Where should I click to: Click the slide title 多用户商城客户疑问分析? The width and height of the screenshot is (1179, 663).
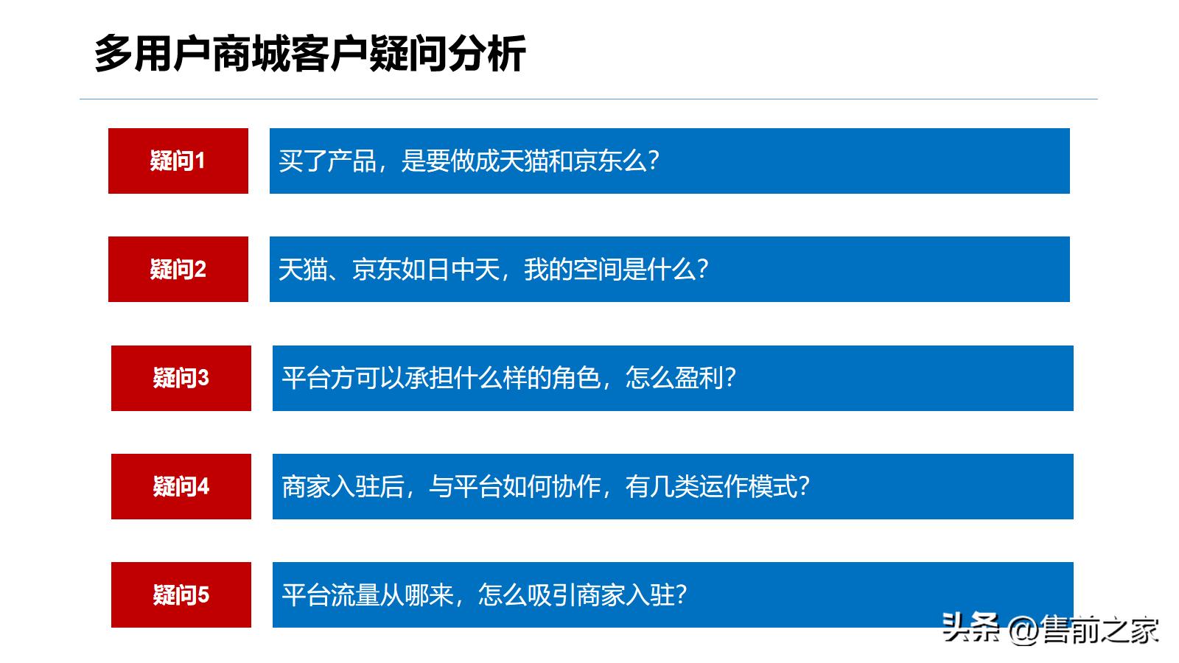309,53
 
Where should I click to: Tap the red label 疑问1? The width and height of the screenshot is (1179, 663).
178,161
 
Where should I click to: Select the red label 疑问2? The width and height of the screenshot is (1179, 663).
178,269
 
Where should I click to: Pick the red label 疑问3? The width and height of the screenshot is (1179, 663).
181,378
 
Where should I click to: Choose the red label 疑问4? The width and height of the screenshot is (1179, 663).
181,486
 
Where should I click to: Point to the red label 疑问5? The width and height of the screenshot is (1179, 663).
181,594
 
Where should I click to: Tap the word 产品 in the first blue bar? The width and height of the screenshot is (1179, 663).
351,161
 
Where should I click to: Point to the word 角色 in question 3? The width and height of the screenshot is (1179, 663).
577,378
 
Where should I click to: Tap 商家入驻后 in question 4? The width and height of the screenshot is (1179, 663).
343,486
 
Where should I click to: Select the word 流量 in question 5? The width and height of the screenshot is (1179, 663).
355,594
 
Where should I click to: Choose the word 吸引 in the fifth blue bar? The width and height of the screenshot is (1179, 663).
551,594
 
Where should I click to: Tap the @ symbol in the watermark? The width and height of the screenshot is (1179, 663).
1024,631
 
